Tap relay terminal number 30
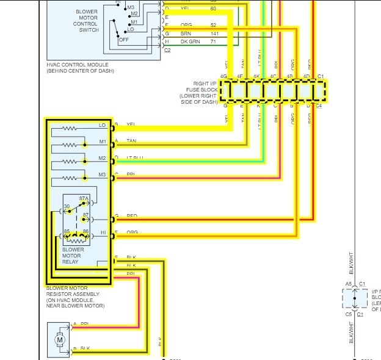(x=67, y=207)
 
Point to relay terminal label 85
(x=67, y=231)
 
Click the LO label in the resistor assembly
(x=102, y=125)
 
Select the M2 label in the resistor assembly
(x=102, y=158)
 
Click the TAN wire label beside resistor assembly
(x=131, y=142)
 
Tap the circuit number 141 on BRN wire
(x=214, y=34)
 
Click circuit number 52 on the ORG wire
(x=214, y=25)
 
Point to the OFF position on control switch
(x=123, y=40)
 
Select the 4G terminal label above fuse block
(x=224, y=76)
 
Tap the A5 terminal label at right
(x=348, y=284)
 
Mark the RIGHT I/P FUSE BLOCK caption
(x=198, y=92)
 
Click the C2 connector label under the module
(x=167, y=50)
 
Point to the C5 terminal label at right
(x=348, y=314)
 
